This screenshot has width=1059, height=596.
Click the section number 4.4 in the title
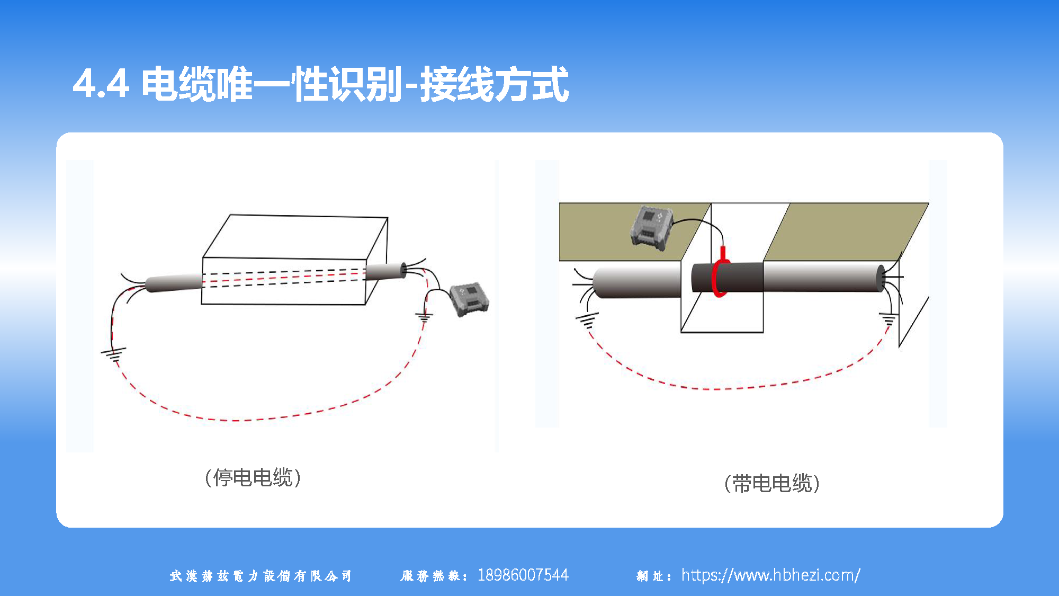click(101, 84)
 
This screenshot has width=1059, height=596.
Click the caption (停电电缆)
click(253, 478)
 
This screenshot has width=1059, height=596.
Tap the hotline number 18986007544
click(523, 575)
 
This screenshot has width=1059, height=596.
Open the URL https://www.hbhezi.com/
click(770, 575)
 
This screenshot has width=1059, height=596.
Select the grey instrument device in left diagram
click(469, 300)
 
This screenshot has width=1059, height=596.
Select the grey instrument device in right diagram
click(651, 228)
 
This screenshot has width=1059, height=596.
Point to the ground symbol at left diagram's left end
click(114, 354)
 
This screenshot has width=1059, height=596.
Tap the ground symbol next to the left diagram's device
click(424, 317)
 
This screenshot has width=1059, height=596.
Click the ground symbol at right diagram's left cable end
click(587, 320)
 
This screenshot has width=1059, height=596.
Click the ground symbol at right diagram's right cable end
click(889, 319)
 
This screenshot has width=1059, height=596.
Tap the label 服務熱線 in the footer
click(432, 576)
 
